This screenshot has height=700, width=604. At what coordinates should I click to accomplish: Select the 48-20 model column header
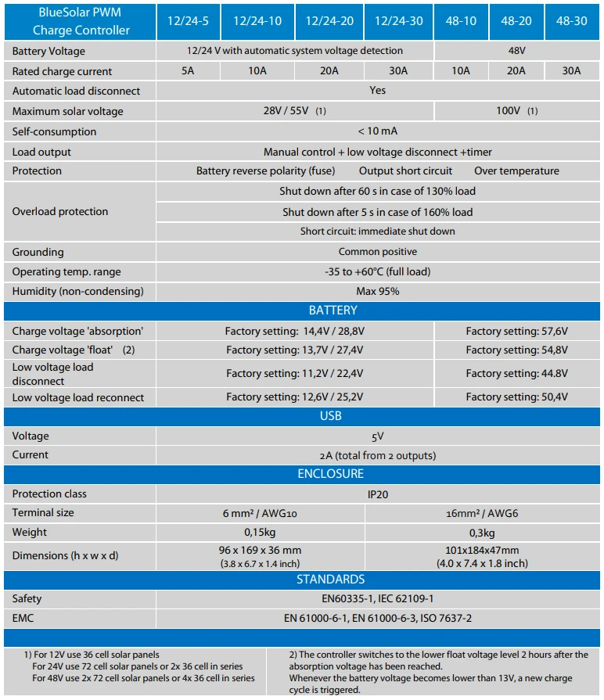(516, 21)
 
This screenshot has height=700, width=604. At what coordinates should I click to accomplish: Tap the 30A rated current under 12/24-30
(398, 71)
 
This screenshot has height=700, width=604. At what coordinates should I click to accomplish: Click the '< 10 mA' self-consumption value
(378, 131)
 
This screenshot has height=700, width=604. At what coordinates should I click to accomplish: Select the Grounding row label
(38, 252)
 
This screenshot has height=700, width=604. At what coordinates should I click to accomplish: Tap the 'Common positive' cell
(378, 252)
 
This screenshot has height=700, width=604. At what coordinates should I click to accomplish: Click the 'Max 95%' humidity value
(378, 291)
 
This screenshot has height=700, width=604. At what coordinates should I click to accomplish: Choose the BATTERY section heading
(333, 311)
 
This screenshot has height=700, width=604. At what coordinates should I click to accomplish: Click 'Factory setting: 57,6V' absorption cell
(516, 331)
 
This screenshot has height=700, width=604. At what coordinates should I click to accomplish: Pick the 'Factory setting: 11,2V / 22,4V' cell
(294, 374)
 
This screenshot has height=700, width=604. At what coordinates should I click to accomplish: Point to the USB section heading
(331, 416)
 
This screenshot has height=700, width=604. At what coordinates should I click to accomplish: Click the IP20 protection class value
(378, 494)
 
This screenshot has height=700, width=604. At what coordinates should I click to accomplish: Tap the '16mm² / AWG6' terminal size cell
(482, 513)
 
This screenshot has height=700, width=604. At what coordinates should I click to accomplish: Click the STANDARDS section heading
(331, 580)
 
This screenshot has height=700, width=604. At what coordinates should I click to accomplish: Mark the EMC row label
(23, 618)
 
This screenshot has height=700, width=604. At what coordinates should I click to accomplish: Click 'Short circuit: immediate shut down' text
(378, 232)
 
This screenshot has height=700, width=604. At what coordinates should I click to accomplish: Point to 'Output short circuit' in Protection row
(406, 171)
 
